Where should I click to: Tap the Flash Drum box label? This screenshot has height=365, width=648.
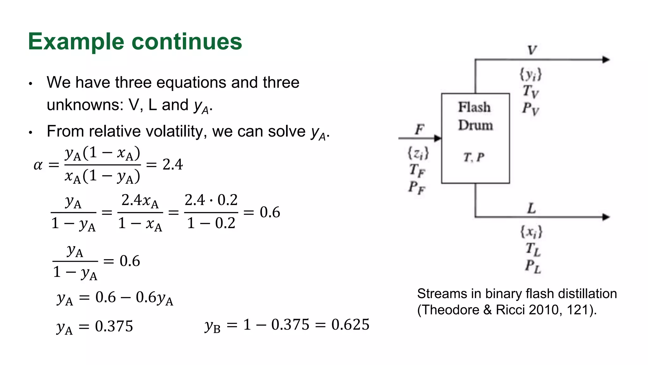click(x=475, y=116)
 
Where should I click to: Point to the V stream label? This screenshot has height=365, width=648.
click(x=532, y=50)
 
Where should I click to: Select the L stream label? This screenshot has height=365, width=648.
click(x=532, y=208)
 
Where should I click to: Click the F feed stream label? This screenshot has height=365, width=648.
click(x=419, y=129)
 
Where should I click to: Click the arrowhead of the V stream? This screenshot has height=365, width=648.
click(x=606, y=60)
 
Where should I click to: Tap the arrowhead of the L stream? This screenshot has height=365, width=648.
click(x=606, y=217)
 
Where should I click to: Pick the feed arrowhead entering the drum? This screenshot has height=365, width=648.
click(x=438, y=138)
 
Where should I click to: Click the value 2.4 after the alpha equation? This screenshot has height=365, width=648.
click(x=172, y=164)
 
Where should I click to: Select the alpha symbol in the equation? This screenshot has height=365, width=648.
click(x=38, y=165)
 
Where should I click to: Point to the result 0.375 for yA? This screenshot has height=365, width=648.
click(x=114, y=326)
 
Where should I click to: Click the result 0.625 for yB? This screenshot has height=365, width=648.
click(x=350, y=324)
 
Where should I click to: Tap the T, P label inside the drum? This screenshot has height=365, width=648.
click(x=474, y=157)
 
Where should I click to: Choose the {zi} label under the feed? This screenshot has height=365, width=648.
click(x=418, y=153)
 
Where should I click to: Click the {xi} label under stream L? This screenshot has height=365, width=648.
click(x=531, y=232)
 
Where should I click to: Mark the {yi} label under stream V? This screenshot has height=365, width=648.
click(x=531, y=75)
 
